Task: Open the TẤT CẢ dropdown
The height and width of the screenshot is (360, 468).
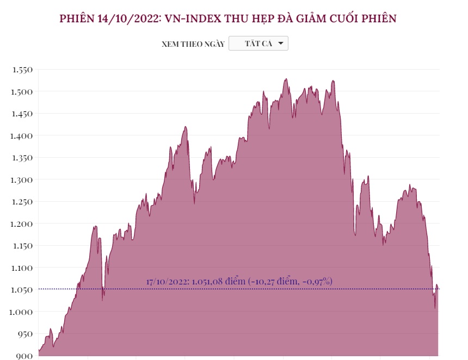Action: (258, 44)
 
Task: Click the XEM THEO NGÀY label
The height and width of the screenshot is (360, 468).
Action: (193, 44)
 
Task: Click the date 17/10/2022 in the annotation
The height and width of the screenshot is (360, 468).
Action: (167, 282)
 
